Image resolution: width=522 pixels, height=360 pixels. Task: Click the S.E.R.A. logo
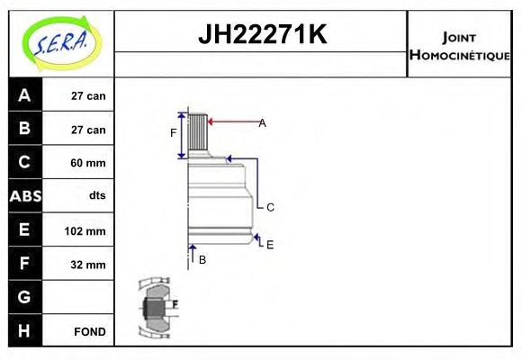60,43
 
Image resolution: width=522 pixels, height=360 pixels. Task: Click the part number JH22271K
261,35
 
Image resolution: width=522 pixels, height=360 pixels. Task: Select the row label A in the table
24,94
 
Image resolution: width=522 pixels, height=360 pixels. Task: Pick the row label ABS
24,196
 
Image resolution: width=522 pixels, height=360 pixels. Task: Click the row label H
24,330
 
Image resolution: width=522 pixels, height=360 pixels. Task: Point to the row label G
24,297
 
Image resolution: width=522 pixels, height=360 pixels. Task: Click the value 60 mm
88,163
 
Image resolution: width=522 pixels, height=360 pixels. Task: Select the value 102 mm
85,230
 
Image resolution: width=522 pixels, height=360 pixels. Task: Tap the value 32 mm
88,265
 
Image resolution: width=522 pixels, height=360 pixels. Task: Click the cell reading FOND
90,331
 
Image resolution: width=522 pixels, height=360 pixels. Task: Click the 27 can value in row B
88,130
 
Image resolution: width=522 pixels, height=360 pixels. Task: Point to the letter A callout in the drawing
262,122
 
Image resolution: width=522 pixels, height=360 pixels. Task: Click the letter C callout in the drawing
269,207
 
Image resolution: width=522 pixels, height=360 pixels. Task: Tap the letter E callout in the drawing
269,244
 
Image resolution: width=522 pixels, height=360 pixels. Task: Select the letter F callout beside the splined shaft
174,133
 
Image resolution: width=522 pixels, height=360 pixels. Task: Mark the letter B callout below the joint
202,260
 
